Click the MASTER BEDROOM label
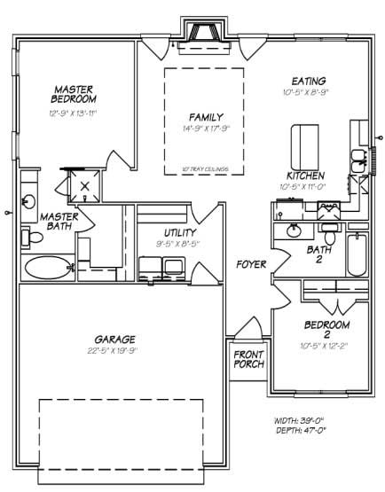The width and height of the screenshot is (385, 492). click(74, 94)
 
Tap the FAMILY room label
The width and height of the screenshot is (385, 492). click(206, 117)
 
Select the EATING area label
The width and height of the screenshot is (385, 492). click(304, 81)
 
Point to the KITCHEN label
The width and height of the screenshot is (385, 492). click(304, 176)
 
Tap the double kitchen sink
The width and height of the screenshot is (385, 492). click(358, 160)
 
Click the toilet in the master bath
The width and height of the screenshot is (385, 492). click(35, 237)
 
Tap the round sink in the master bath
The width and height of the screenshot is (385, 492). click(29, 200)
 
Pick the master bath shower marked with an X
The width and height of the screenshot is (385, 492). click(85, 186)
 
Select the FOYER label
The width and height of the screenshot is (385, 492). click(251, 264)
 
